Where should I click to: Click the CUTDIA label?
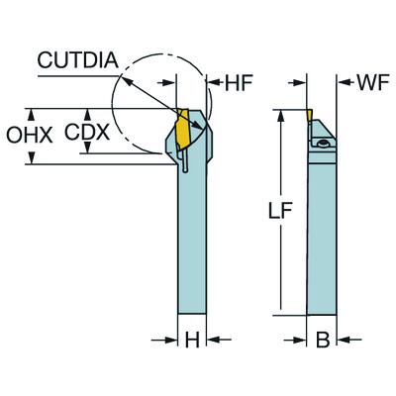(77, 61)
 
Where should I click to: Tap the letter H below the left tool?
(192, 341)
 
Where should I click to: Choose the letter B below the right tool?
(321, 341)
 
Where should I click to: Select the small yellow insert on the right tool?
(311, 116)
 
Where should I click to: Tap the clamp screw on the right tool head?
(324, 145)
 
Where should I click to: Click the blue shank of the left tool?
(192, 247)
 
